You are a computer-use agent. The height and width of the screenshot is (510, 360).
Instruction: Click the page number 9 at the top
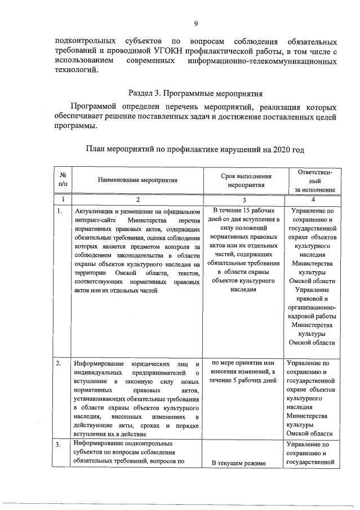tap(195, 23)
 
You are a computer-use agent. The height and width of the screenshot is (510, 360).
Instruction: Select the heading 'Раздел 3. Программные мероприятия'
tap(195, 93)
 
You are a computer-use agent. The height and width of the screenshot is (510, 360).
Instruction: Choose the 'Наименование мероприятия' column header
tap(137, 180)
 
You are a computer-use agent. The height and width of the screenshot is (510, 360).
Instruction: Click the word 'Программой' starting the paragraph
tap(93, 107)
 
